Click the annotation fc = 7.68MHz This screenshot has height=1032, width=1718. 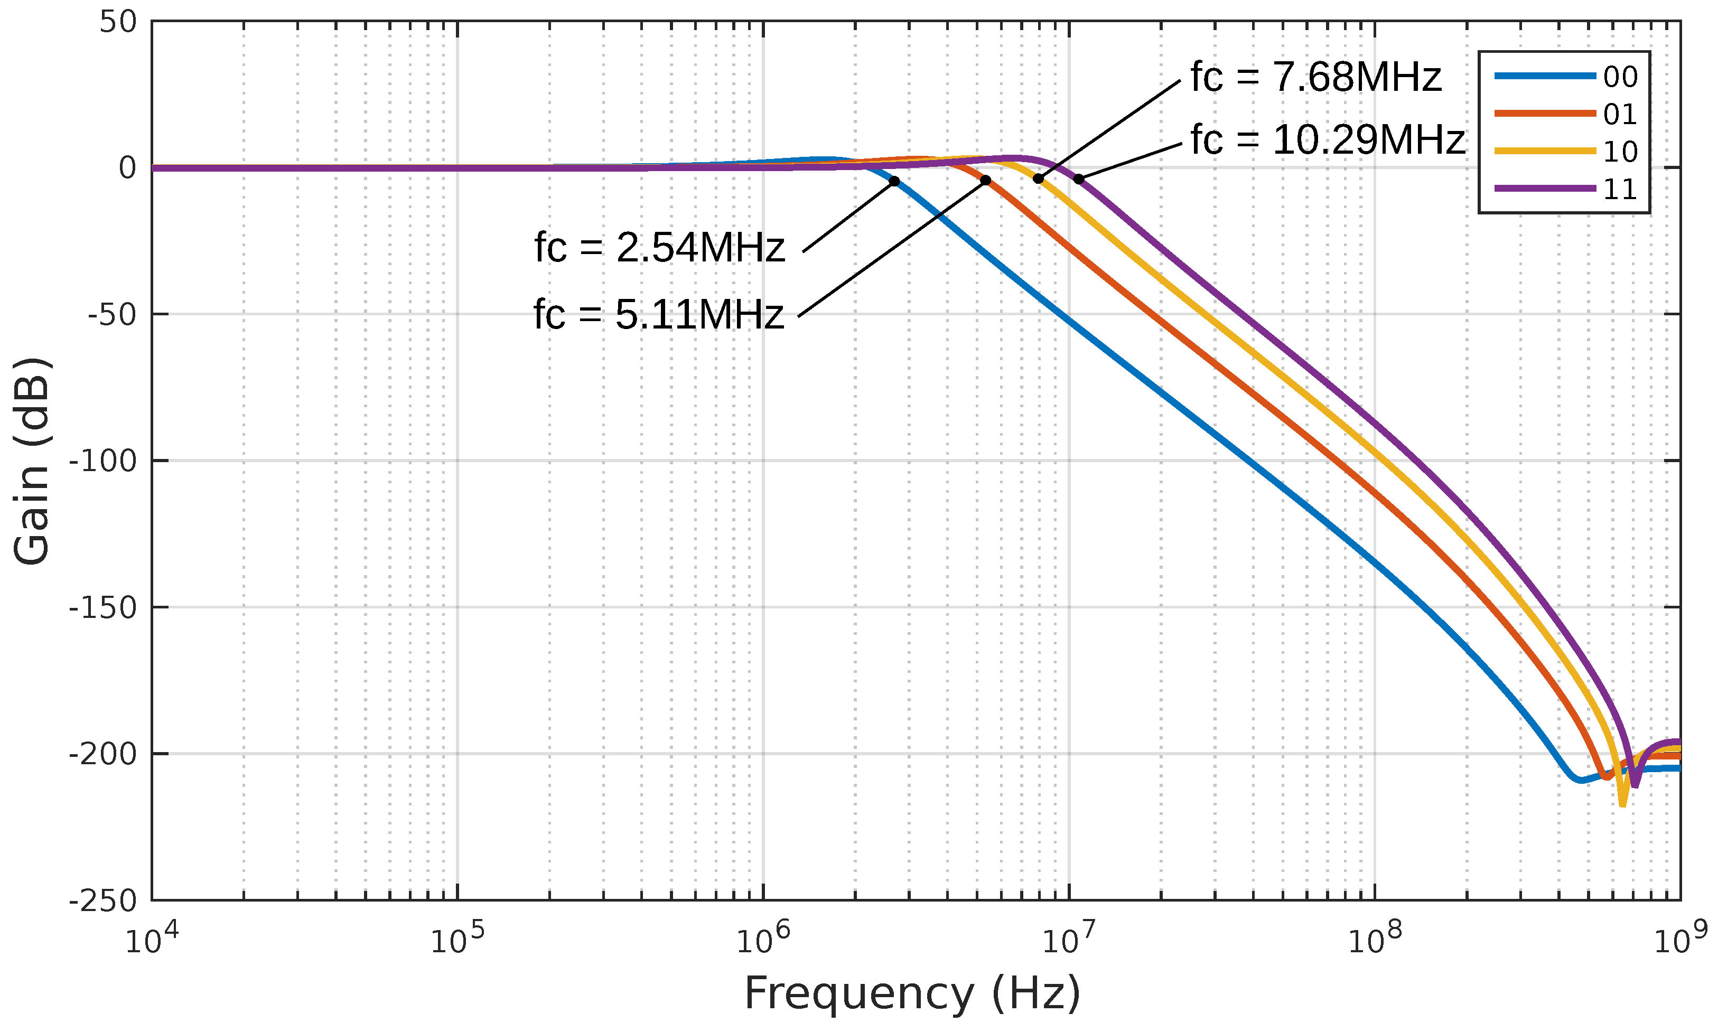[1315, 77]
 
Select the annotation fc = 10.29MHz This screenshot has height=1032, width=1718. [1327, 140]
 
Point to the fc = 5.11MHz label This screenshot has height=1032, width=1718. [658, 314]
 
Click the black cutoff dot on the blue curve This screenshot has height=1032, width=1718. [894, 181]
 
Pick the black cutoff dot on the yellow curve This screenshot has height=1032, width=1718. [1038, 179]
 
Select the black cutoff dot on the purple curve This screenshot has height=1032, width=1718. [1078, 179]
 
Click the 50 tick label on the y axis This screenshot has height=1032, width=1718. [118, 22]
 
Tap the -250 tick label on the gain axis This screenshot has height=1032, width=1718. [103, 900]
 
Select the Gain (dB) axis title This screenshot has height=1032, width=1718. [33, 461]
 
